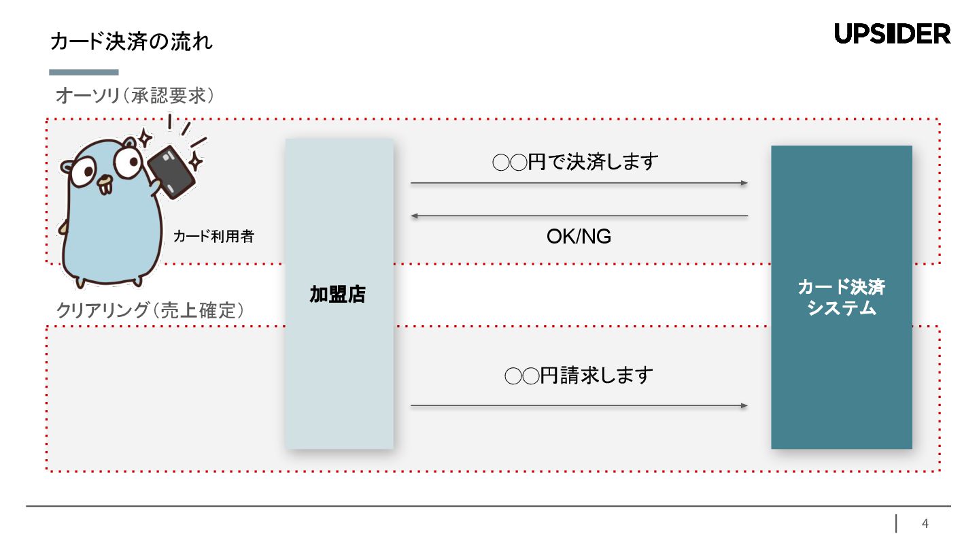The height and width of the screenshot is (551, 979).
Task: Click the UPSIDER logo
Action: click(x=892, y=33)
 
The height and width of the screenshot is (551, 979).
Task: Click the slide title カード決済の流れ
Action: click(x=131, y=42)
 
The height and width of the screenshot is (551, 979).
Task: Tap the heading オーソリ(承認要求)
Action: click(x=135, y=96)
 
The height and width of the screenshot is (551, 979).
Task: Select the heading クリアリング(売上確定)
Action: click(x=150, y=311)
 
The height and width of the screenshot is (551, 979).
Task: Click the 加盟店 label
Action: click(x=338, y=294)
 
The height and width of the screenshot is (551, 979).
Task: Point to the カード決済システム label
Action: click(x=841, y=297)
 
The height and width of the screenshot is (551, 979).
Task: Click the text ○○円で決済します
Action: click(x=575, y=163)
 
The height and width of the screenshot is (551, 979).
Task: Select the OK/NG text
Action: click(x=579, y=237)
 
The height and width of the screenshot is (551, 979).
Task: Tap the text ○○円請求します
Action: click(x=579, y=375)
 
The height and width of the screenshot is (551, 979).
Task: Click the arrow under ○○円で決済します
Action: click(x=579, y=183)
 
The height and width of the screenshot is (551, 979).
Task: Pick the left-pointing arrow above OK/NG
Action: click(x=579, y=216)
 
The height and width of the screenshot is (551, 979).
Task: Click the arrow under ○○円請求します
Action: click(x=579, y=406)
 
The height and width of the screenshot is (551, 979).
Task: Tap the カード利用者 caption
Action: click(x=213, y=237)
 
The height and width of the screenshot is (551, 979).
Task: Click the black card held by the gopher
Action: click(x=171, y=172)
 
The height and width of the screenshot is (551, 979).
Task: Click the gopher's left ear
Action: click(x=67, y=166)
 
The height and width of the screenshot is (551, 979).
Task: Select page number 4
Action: click(x=925, y=524)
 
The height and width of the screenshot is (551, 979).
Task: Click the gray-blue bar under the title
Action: click(x=84, y=72)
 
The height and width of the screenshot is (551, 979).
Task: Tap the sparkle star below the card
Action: click(x=196, y=162)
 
